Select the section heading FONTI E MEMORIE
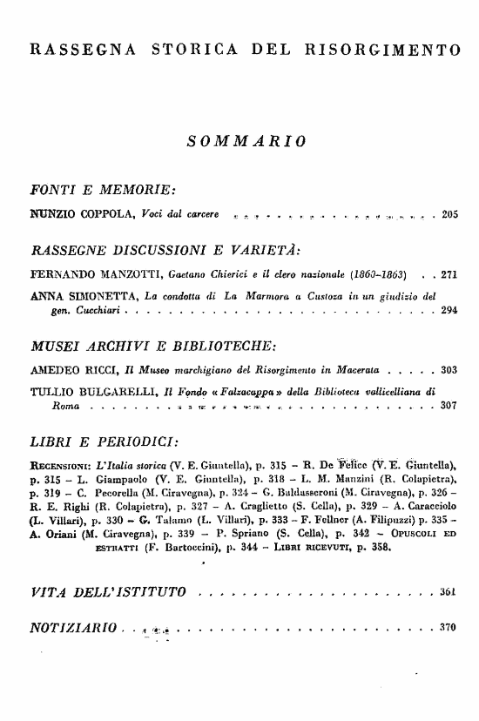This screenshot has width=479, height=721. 103,189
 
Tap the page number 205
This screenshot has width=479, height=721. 449,213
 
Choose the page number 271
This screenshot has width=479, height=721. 449,273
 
